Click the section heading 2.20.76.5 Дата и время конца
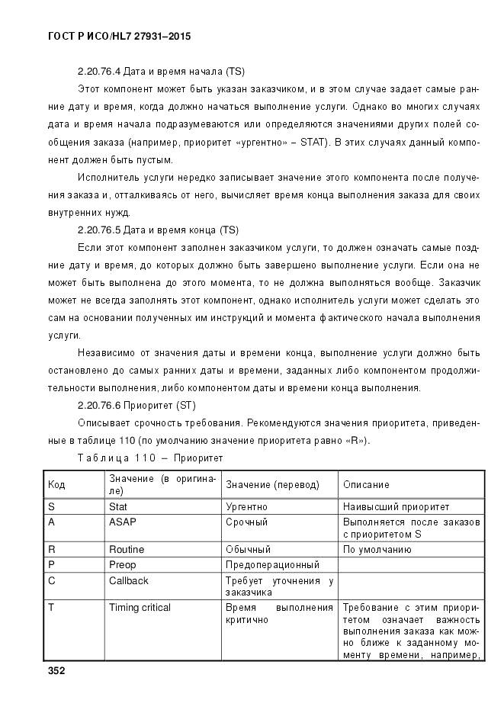click(x=160, y=230)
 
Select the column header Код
click(x=56, y=484)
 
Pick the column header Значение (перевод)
click(x=272, y=484)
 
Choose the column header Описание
click(x=366, y=484)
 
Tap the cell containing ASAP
click(x=121, y=522)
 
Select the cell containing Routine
click(x=126, y=549)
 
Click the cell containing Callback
click(x=128, y=581)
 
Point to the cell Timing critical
click(x=140, y=608)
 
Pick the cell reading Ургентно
click(x=246, y=506)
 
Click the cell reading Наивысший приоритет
click(x=396, y=506)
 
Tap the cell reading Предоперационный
click(x=272, y=565)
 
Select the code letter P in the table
click(x=51, y=565)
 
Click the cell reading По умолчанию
click(x=377, y=549)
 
